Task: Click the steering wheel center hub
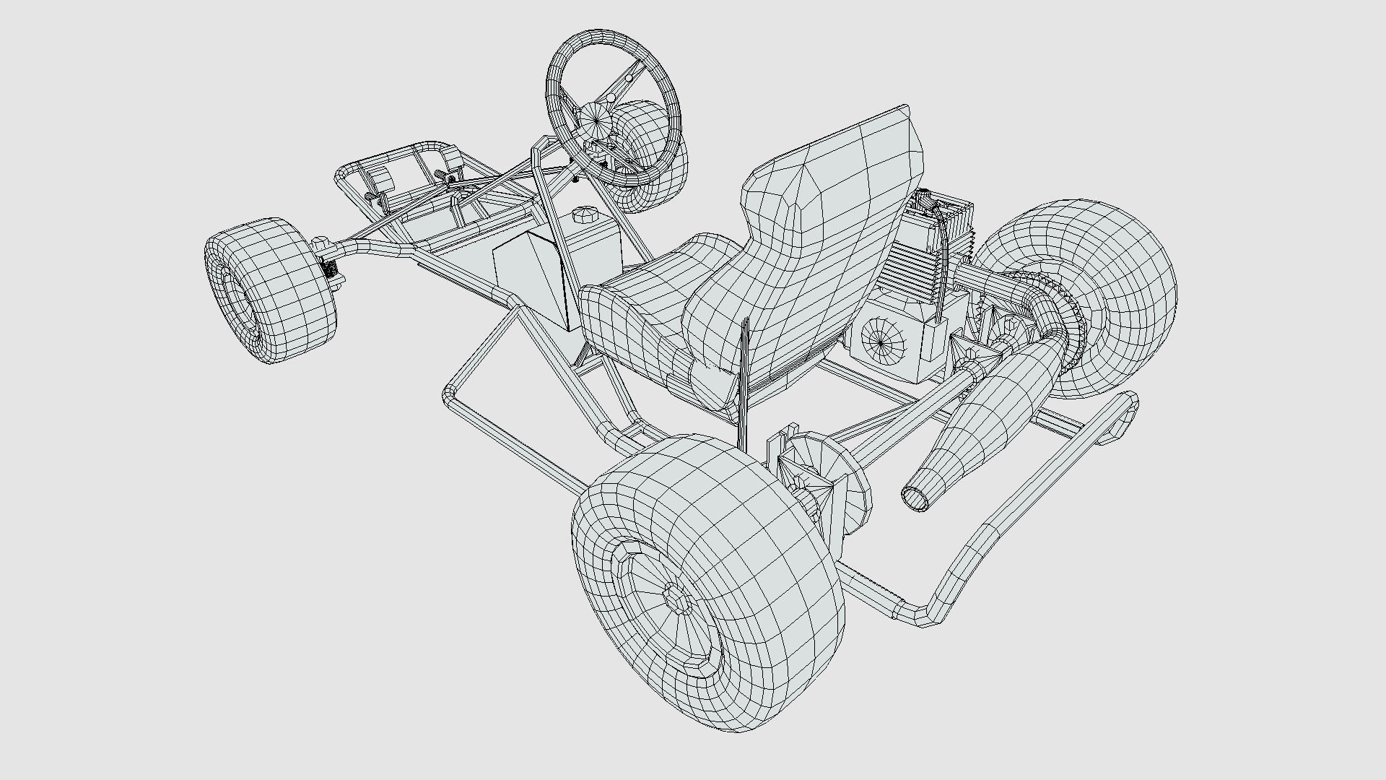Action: pos(597,118)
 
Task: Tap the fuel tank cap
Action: pos(583,215)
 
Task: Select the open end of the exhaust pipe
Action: pos(915,498)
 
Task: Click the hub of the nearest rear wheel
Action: pos(676,597)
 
